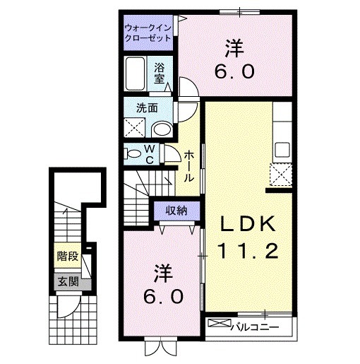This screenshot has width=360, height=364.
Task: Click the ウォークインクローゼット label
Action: pos(147,32)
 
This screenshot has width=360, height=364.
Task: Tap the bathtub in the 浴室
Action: pos(136,74)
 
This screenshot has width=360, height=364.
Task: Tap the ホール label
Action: pos(190,167)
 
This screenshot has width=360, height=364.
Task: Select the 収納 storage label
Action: pos(176,210)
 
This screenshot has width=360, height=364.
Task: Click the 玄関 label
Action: pos(68,282)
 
